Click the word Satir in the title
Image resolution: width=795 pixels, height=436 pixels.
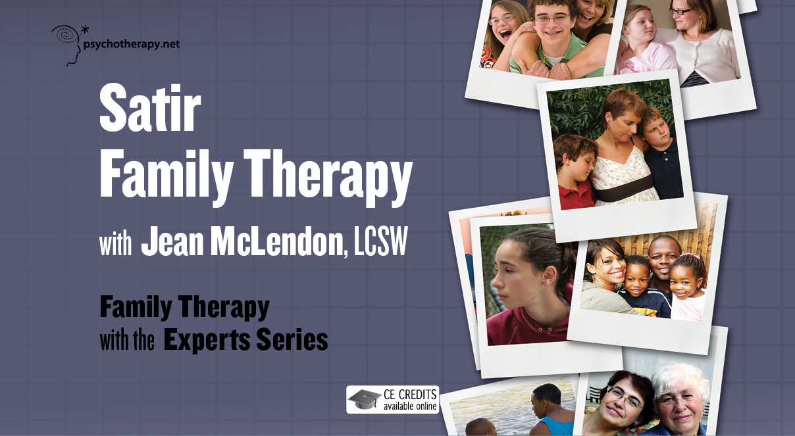pyautogui.click(x=150, y=109)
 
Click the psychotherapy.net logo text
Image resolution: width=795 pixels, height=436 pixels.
pyautogui.click(x=132, y=45)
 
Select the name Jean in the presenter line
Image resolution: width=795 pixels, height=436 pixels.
pyautogui.click(x=172, y=241)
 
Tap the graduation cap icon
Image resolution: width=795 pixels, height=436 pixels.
pyautogui.click(x=363, y=399)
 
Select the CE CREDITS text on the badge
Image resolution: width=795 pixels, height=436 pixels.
pyautogui.click(x=410, y=395)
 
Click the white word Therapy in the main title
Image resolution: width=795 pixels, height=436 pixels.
pyautogui.click(x=328, y=177)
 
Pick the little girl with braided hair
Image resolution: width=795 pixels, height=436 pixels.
pyautogui.click(x=687, y=287)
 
